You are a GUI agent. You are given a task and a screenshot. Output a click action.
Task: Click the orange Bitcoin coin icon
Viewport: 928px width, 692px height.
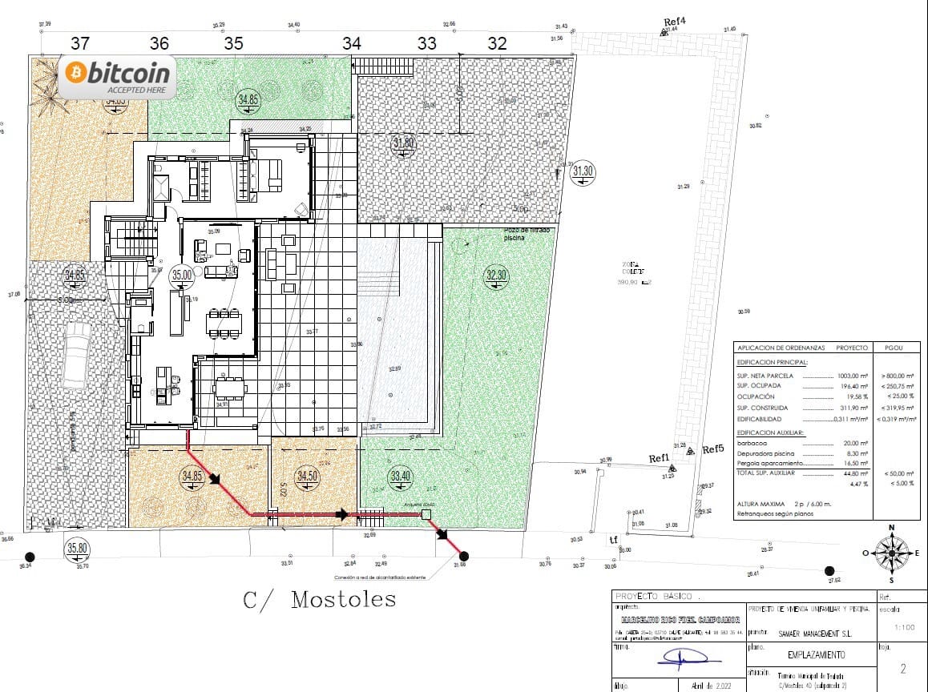pos(78,73)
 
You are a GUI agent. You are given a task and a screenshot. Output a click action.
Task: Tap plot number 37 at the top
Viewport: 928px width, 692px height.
pos(81,43)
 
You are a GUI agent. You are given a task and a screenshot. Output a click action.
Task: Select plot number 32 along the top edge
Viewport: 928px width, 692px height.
pos(497,43)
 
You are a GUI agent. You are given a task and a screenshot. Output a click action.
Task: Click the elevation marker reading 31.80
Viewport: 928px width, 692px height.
pos(403,144)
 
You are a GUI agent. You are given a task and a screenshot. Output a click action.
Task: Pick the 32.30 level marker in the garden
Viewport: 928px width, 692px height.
pos(496,276)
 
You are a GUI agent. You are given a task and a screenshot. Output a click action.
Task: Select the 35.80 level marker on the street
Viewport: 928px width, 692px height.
pos(77,549)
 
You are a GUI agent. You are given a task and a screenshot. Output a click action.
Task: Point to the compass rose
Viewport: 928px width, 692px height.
pos(891,552)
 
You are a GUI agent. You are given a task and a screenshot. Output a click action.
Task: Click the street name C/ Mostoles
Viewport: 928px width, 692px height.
pos(319,599)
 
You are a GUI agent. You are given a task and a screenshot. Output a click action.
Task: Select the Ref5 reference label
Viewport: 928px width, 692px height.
pos(712,450)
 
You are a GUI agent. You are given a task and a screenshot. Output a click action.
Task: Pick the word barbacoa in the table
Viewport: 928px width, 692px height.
pos(752,443)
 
